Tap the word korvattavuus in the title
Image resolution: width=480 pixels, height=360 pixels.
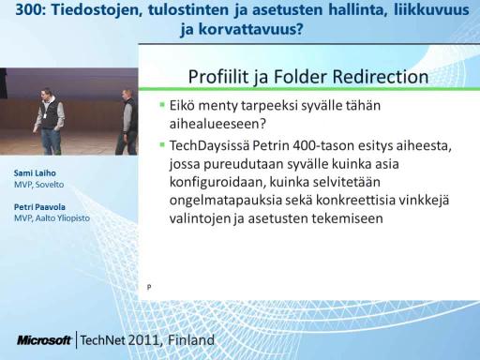250,29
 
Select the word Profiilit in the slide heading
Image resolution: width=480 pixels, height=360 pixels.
218,77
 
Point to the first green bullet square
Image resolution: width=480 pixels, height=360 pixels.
162,104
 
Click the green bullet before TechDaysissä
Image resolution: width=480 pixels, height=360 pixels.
162,144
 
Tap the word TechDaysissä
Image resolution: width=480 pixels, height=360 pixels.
209,146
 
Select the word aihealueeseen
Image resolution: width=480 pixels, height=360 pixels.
217,124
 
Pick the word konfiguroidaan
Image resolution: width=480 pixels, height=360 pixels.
217,182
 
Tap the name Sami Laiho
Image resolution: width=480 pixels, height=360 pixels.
35,172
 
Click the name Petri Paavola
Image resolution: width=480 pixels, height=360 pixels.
39,207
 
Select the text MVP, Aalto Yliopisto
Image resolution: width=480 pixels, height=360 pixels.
52,217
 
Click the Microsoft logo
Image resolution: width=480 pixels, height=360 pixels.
44,340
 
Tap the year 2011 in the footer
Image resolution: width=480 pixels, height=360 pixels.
145,340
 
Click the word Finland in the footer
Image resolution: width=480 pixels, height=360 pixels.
191,340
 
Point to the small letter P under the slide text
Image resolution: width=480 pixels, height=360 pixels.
149,287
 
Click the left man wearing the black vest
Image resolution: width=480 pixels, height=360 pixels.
50,122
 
